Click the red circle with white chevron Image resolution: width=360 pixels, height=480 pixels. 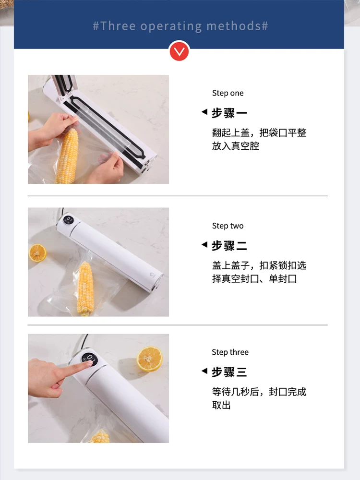pos(179,51)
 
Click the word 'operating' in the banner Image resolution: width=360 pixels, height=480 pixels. pos(171,26)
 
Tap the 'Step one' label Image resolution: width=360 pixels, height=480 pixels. pos(228,93)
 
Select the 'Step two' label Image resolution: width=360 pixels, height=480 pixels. pos(228,226)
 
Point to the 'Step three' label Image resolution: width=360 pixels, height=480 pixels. pos(230,352)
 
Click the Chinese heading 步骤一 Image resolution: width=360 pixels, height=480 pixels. pos(229,113)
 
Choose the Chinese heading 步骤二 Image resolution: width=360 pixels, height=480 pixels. pos(229,245)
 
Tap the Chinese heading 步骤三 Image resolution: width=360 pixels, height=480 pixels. pos(229,372)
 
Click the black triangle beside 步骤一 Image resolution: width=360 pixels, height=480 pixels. pos(204,112)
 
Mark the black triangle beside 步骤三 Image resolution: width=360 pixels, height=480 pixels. pos(204,371)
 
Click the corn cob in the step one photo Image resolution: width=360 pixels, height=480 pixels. pos(67,156)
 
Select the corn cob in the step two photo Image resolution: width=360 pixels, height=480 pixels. pos(85,289)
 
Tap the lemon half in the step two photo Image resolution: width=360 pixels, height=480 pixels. pos(37,253)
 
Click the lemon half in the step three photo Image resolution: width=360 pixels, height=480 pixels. pos(150,359)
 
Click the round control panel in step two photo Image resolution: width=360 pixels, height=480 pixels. pos(68,220)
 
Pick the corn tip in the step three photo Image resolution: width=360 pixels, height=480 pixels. pos(100,436)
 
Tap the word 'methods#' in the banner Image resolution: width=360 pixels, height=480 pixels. pos(238,26)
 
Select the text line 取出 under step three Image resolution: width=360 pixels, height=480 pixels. pos(221,405)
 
